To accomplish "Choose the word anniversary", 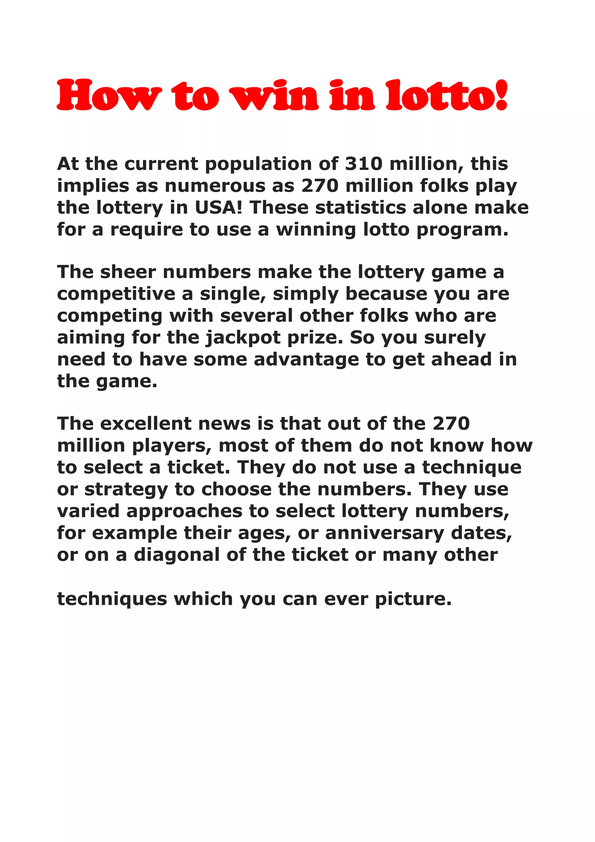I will (385, 533).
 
